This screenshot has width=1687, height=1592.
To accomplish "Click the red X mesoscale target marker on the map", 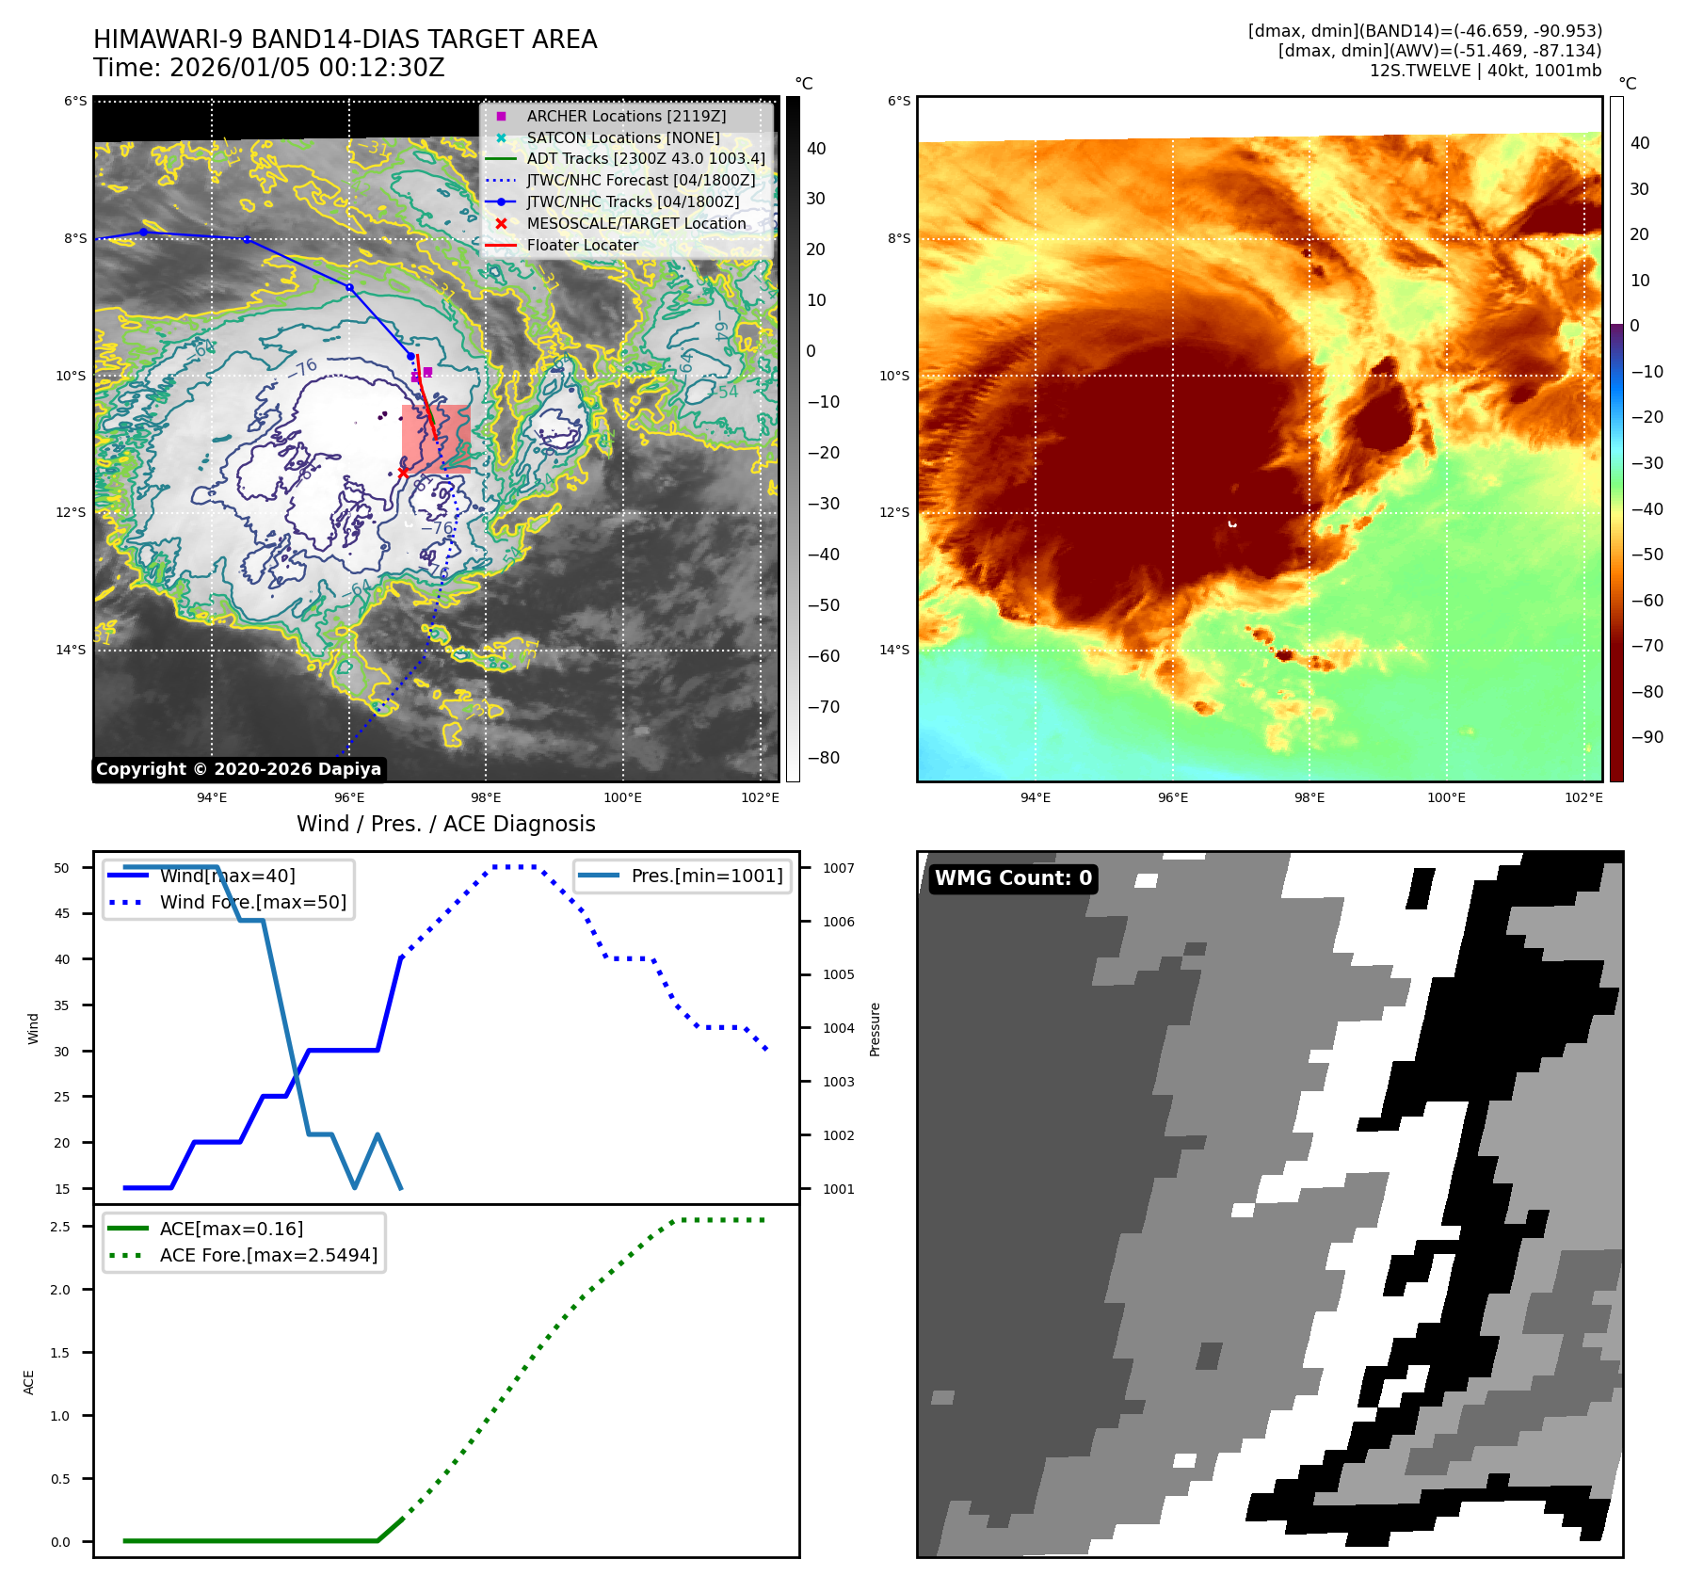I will tap(403, 473).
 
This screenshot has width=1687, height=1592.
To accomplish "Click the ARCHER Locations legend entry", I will tap(626, 116).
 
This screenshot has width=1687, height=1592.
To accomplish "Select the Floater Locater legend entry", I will tap(582, 245).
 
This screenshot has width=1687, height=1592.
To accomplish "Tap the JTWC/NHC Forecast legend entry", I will tap(640, 180).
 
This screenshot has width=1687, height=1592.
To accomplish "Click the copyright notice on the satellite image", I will tap(238, 769).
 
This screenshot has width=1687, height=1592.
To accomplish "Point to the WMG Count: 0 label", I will tap(1013, 878).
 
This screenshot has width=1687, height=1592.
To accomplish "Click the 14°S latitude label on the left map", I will tap(71, 650).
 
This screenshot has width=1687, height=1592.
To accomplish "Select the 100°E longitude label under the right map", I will tap(1446, 797).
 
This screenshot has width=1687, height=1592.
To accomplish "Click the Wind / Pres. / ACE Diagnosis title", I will tap(445, 824).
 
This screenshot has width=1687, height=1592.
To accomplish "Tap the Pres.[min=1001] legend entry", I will tap(706, 876).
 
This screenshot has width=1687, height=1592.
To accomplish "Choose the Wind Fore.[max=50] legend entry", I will tap(252, 902).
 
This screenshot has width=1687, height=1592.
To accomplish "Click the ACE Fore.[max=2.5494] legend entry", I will tap(268, 1255).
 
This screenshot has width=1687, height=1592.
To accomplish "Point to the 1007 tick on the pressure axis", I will tap(838, 868).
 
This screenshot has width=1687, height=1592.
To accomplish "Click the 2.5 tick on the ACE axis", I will tap(60, 1227).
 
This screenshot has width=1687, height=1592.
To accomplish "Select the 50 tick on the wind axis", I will tap(61, 868).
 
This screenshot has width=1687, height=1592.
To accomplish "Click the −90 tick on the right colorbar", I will tap(1647, 737).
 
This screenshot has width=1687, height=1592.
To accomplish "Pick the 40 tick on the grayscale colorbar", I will tap(815, 149).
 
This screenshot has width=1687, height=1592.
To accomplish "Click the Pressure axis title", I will tap(875, 1029).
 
